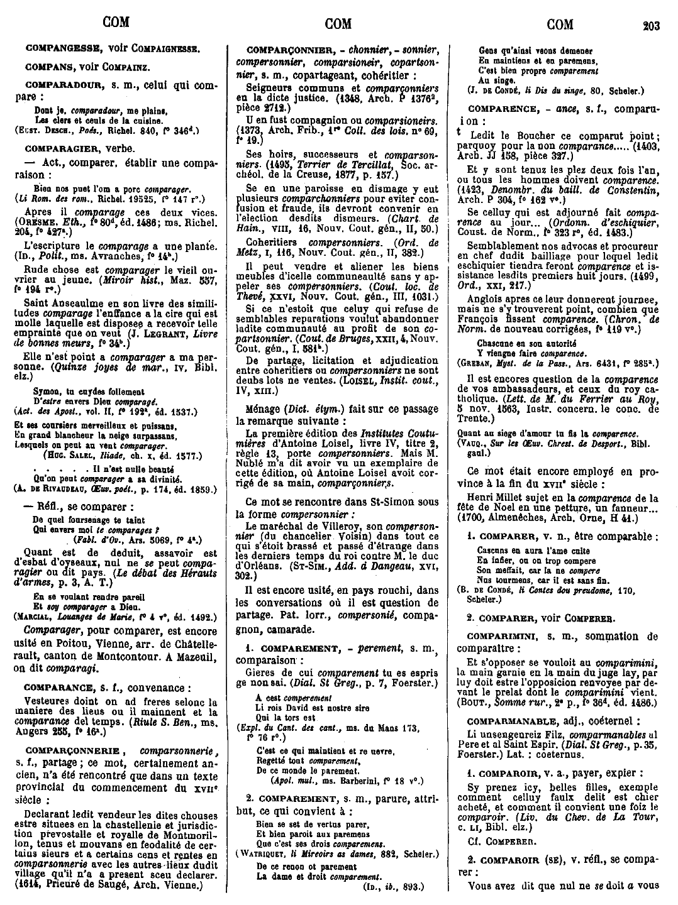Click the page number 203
(x=650, y=26)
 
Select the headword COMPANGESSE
(x=62, y=48)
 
